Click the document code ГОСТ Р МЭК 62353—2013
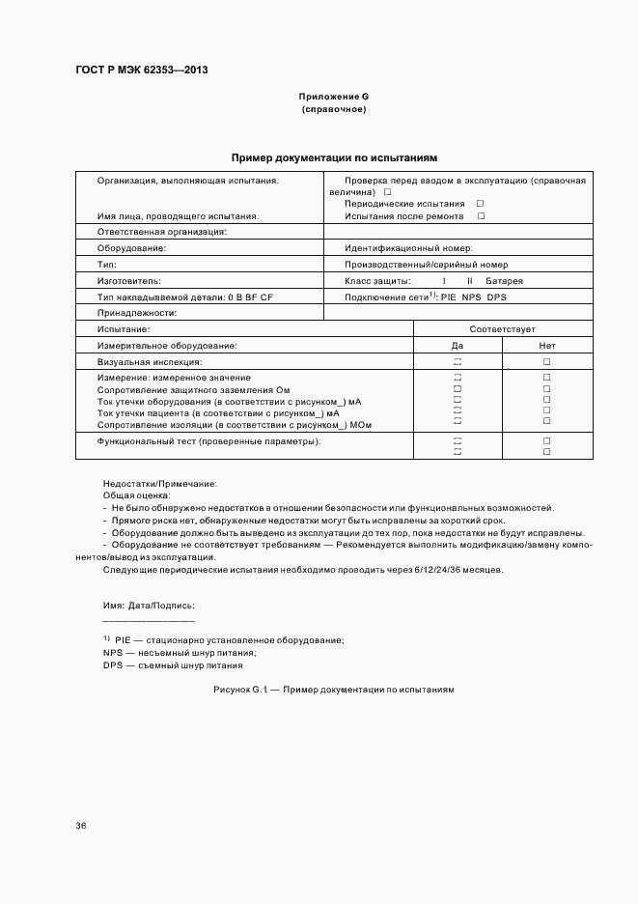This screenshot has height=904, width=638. coord(142,71)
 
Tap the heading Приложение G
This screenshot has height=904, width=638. coord(334,97)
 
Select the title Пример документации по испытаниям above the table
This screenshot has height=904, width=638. coord(334,156)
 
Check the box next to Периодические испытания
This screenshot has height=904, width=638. coord(480,204)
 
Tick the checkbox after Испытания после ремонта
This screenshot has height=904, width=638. coord(481,216)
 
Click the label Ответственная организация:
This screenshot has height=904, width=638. coord(162,232)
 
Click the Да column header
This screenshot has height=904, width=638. coord(458,345)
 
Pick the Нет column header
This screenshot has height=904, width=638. coord(546,345)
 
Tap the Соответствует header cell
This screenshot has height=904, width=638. coord(502,329)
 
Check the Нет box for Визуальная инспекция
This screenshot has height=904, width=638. coord(546,361)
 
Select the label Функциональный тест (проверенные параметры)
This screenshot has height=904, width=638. coord(209,441)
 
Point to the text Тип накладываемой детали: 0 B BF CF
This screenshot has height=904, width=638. coord(185,297)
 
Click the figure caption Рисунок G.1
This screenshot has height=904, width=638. coord(333,691)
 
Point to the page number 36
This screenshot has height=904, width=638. coord(81,826)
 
